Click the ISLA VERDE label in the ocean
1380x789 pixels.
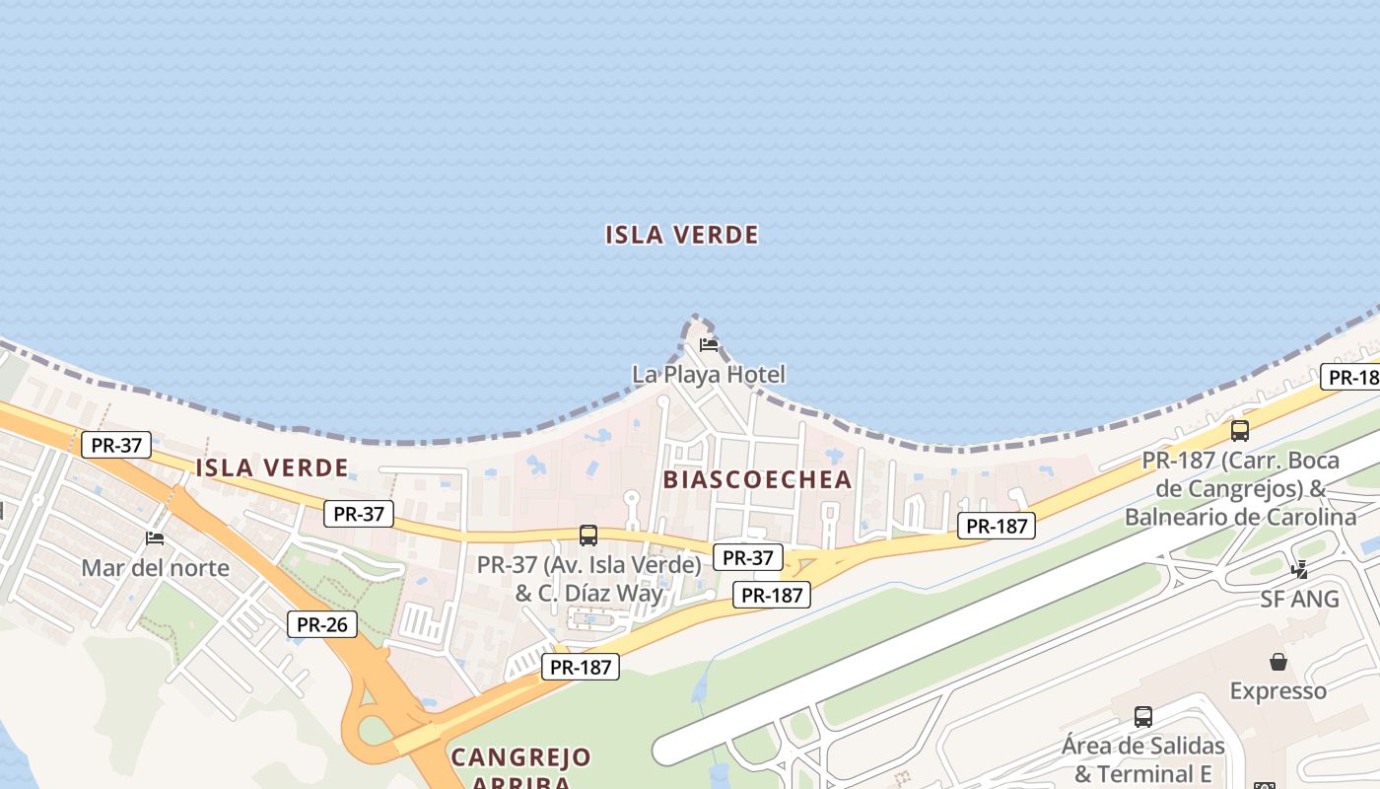pyautogui.click(x=682, y=235)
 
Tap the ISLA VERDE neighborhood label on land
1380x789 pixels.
pyautogui.click(x=272, y=467)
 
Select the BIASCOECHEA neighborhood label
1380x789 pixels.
pyautogui.click(x=757, y=479)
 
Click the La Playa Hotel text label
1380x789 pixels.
pyautogui.click(x=709, y=375)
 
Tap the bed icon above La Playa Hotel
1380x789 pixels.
pyautogui.click(x=709, y=344)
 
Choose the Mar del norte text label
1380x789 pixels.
pyautogui.click(x=155, y=568)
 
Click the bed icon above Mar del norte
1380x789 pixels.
pyautogui.click(x=155, y=538)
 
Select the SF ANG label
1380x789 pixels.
pyautogui.click(x=1299, y=599)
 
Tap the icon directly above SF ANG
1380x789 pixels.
pyautogui.click(x=1299, y=569)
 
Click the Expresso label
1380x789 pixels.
pyautogui.click(x=1277, y=690)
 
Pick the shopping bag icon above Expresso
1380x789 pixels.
pyautogui.click(x=1277, y=661)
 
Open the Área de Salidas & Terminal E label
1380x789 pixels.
pyautogui.click(x=1142, y=759)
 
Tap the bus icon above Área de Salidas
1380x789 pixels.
pyautogui.click(x=1142, y=716)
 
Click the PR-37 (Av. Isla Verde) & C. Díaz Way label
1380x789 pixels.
pyautogui.click(x=588, y=579)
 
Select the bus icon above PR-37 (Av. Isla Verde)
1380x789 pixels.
pyautogui.click(x=588, y=536)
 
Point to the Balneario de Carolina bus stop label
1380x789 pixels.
pyautogui.click(x=1240, y=489)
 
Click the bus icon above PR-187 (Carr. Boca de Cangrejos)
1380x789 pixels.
pyautogui.click(x=1240, y=431)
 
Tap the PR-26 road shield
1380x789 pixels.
pyautogui.click(x=321, y=624)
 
